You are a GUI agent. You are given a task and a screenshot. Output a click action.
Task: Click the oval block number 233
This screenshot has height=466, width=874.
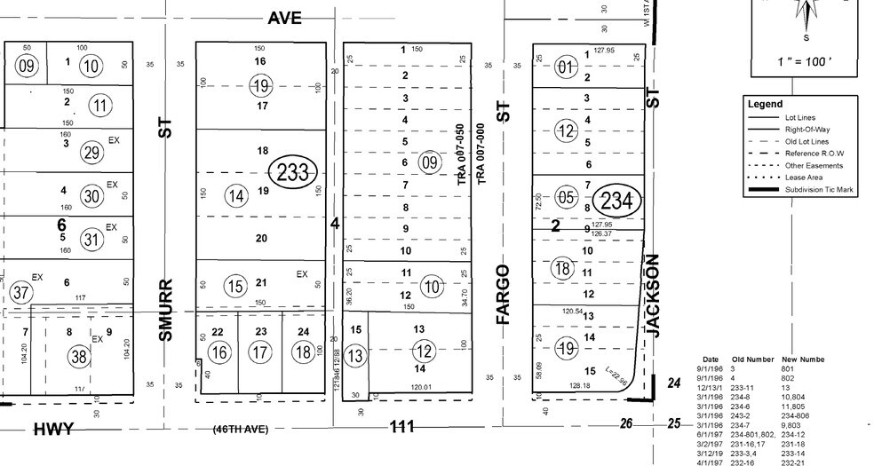click(293, 171)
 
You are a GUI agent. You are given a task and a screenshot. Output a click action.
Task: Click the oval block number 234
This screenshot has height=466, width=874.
click(617, 201)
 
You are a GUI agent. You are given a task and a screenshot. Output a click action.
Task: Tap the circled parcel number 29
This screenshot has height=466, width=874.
click(91, 152)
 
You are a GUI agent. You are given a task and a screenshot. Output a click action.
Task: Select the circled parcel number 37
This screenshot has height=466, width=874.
click(22, 292)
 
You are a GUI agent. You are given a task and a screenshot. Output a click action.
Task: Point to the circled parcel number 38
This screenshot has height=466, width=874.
click(80, 358)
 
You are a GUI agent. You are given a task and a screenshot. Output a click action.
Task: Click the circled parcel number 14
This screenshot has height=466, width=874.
click(236, 195)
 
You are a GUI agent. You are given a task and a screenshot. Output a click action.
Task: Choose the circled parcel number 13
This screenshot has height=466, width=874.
click(355, 356)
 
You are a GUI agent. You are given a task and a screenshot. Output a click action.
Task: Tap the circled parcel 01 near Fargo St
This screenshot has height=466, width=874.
click(566, 67)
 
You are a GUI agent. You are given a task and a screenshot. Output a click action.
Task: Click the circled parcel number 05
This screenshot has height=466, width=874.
click(566, 196)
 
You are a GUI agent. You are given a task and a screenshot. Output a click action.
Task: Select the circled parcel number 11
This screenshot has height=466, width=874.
click(103, 106)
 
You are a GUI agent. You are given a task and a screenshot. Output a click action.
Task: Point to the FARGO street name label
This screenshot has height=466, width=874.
click(504, 293)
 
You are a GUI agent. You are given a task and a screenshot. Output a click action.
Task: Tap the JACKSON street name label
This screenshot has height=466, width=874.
click(655, 296)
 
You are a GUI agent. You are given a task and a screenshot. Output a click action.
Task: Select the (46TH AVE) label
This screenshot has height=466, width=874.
click(239, 429)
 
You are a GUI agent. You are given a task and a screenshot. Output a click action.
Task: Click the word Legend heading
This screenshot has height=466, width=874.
click(765, 104)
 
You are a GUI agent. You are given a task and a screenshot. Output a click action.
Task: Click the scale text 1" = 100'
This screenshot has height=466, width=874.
click(806, 65)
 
